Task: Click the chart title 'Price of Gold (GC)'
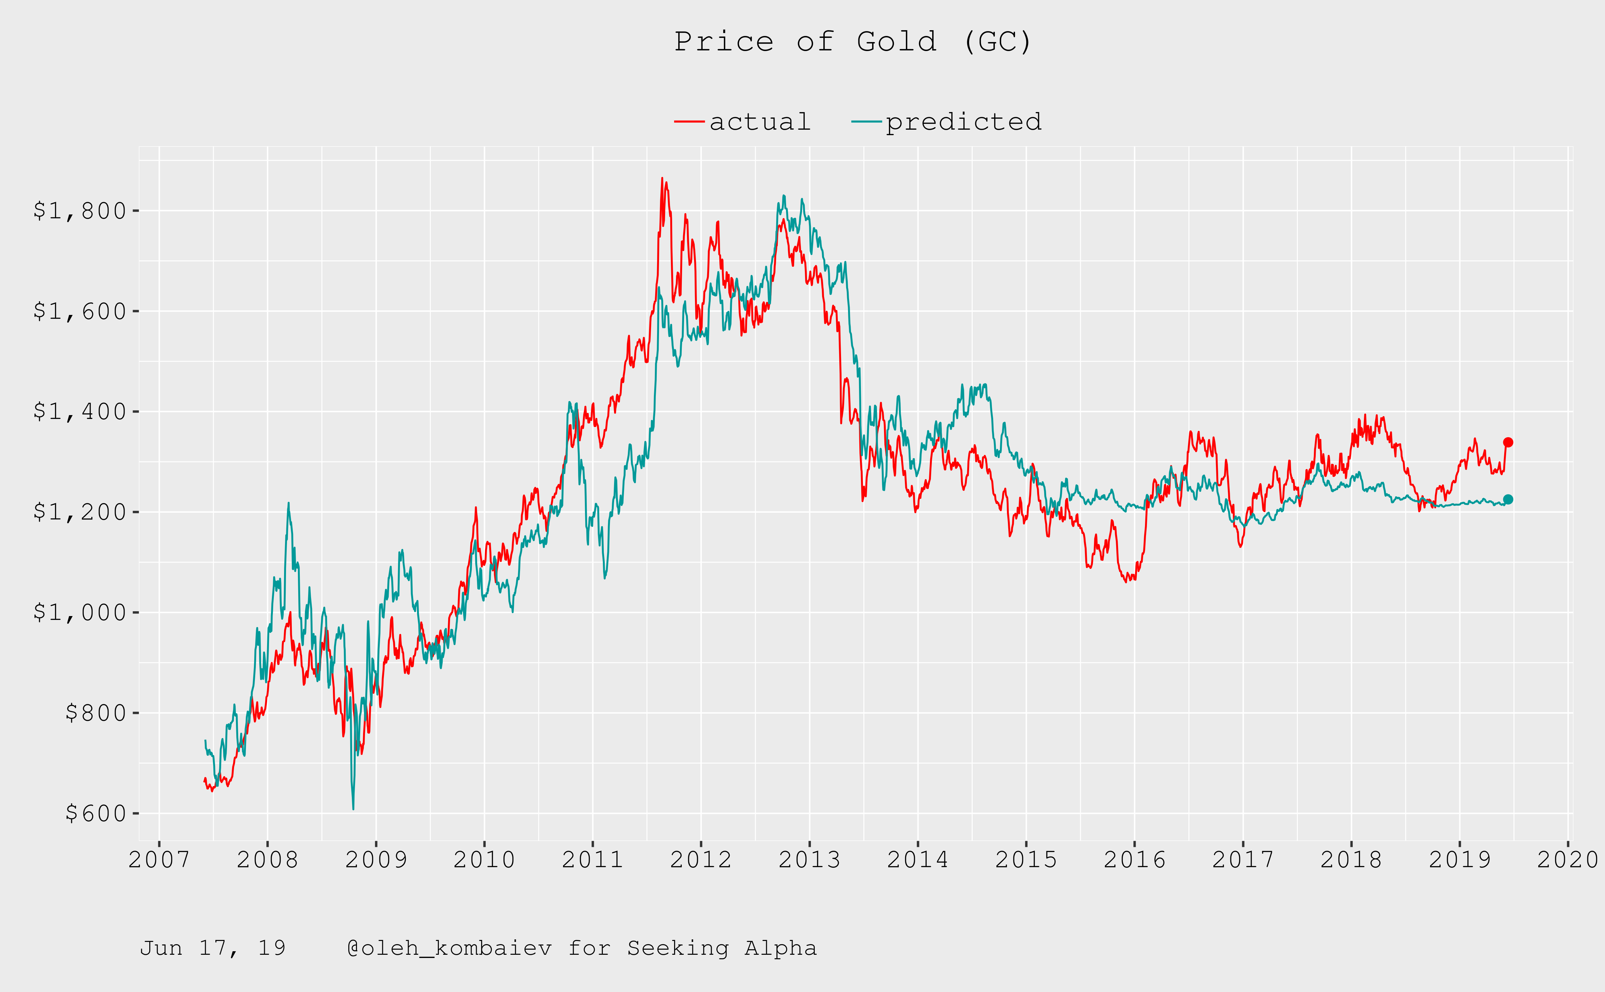click(853, 42)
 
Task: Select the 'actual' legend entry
click(759, 122)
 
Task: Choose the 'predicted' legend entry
click(963, 122)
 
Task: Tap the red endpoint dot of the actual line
click(1508, 442)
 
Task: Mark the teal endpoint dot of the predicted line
click(1508, 499)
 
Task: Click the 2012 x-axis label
click(700, 859)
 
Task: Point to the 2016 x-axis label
click(1134, 859)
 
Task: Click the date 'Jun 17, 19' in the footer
click(213, 948)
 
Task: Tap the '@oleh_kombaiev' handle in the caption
click(449, 948)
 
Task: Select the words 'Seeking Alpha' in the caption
click(722, 948)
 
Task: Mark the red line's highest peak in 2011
click(662, 178)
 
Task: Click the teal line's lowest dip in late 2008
click(353, 808)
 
